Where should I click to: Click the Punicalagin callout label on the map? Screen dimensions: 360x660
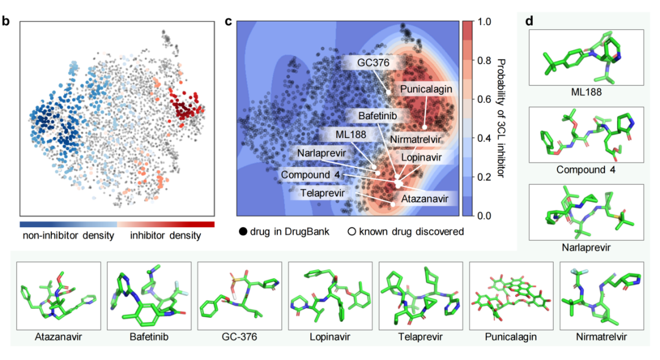pos(426,89)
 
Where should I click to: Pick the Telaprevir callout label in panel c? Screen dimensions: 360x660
pos(324,193)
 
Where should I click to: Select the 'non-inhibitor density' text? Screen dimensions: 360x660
pos(68,236)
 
